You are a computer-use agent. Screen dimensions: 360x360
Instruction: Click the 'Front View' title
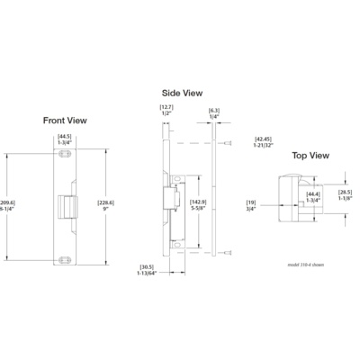65,120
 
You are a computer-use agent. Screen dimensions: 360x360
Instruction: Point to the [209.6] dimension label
7,207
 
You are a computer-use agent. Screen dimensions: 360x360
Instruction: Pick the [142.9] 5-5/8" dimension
196,206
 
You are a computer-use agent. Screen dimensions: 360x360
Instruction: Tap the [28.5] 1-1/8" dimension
345,195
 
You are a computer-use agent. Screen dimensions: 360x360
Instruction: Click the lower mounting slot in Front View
65,260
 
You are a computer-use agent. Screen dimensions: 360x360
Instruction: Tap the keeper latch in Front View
67,206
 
